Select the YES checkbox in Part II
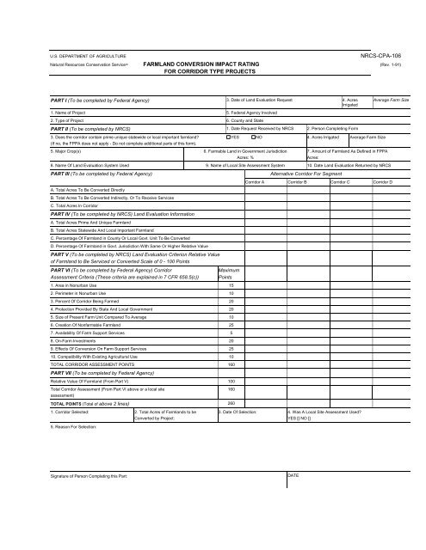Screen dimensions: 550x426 click(227, 137)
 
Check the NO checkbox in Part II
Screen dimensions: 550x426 click(253, 137)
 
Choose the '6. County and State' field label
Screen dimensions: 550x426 click(250, 121)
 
